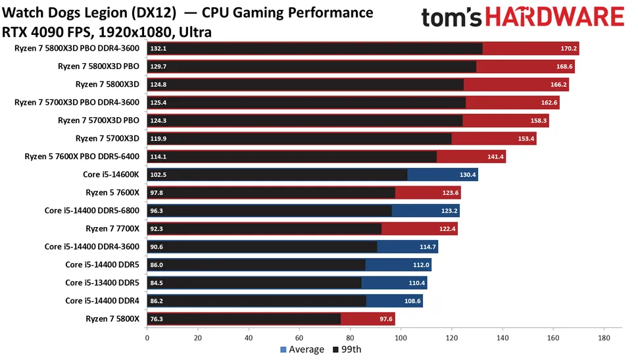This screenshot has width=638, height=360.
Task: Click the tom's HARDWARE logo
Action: click(522, 18)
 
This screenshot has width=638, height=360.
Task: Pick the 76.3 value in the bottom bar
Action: click(158, 319)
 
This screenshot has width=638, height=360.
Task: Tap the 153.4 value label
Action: click(525, 138)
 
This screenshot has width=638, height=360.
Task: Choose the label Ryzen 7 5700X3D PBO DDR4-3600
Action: click(77, 102)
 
